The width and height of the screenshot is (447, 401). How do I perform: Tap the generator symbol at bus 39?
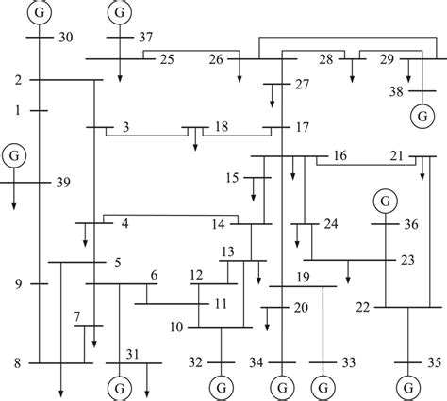(x=13, y=153)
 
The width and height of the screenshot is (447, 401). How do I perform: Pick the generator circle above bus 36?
(x=384, y=200)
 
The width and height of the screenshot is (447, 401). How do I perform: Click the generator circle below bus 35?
(x=408, y=387)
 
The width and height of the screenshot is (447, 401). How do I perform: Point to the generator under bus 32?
(x=221, y=387)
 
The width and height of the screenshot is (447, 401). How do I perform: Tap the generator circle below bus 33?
(x=323, y=387)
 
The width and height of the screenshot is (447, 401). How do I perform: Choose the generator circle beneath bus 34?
(x=282, y=387)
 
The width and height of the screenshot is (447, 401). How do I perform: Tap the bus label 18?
(x=220, y=127)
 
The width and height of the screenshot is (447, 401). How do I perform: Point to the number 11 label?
(x=221, y=303)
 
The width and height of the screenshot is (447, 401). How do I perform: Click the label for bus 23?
(x=406, y=259)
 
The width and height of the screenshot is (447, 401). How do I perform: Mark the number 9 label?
(x=18, y=283)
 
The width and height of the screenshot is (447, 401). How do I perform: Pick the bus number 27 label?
(x=301, y=86)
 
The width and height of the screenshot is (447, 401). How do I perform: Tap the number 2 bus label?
(x=18, y=79)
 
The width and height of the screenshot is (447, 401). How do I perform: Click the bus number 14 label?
(x=219, y=223)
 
